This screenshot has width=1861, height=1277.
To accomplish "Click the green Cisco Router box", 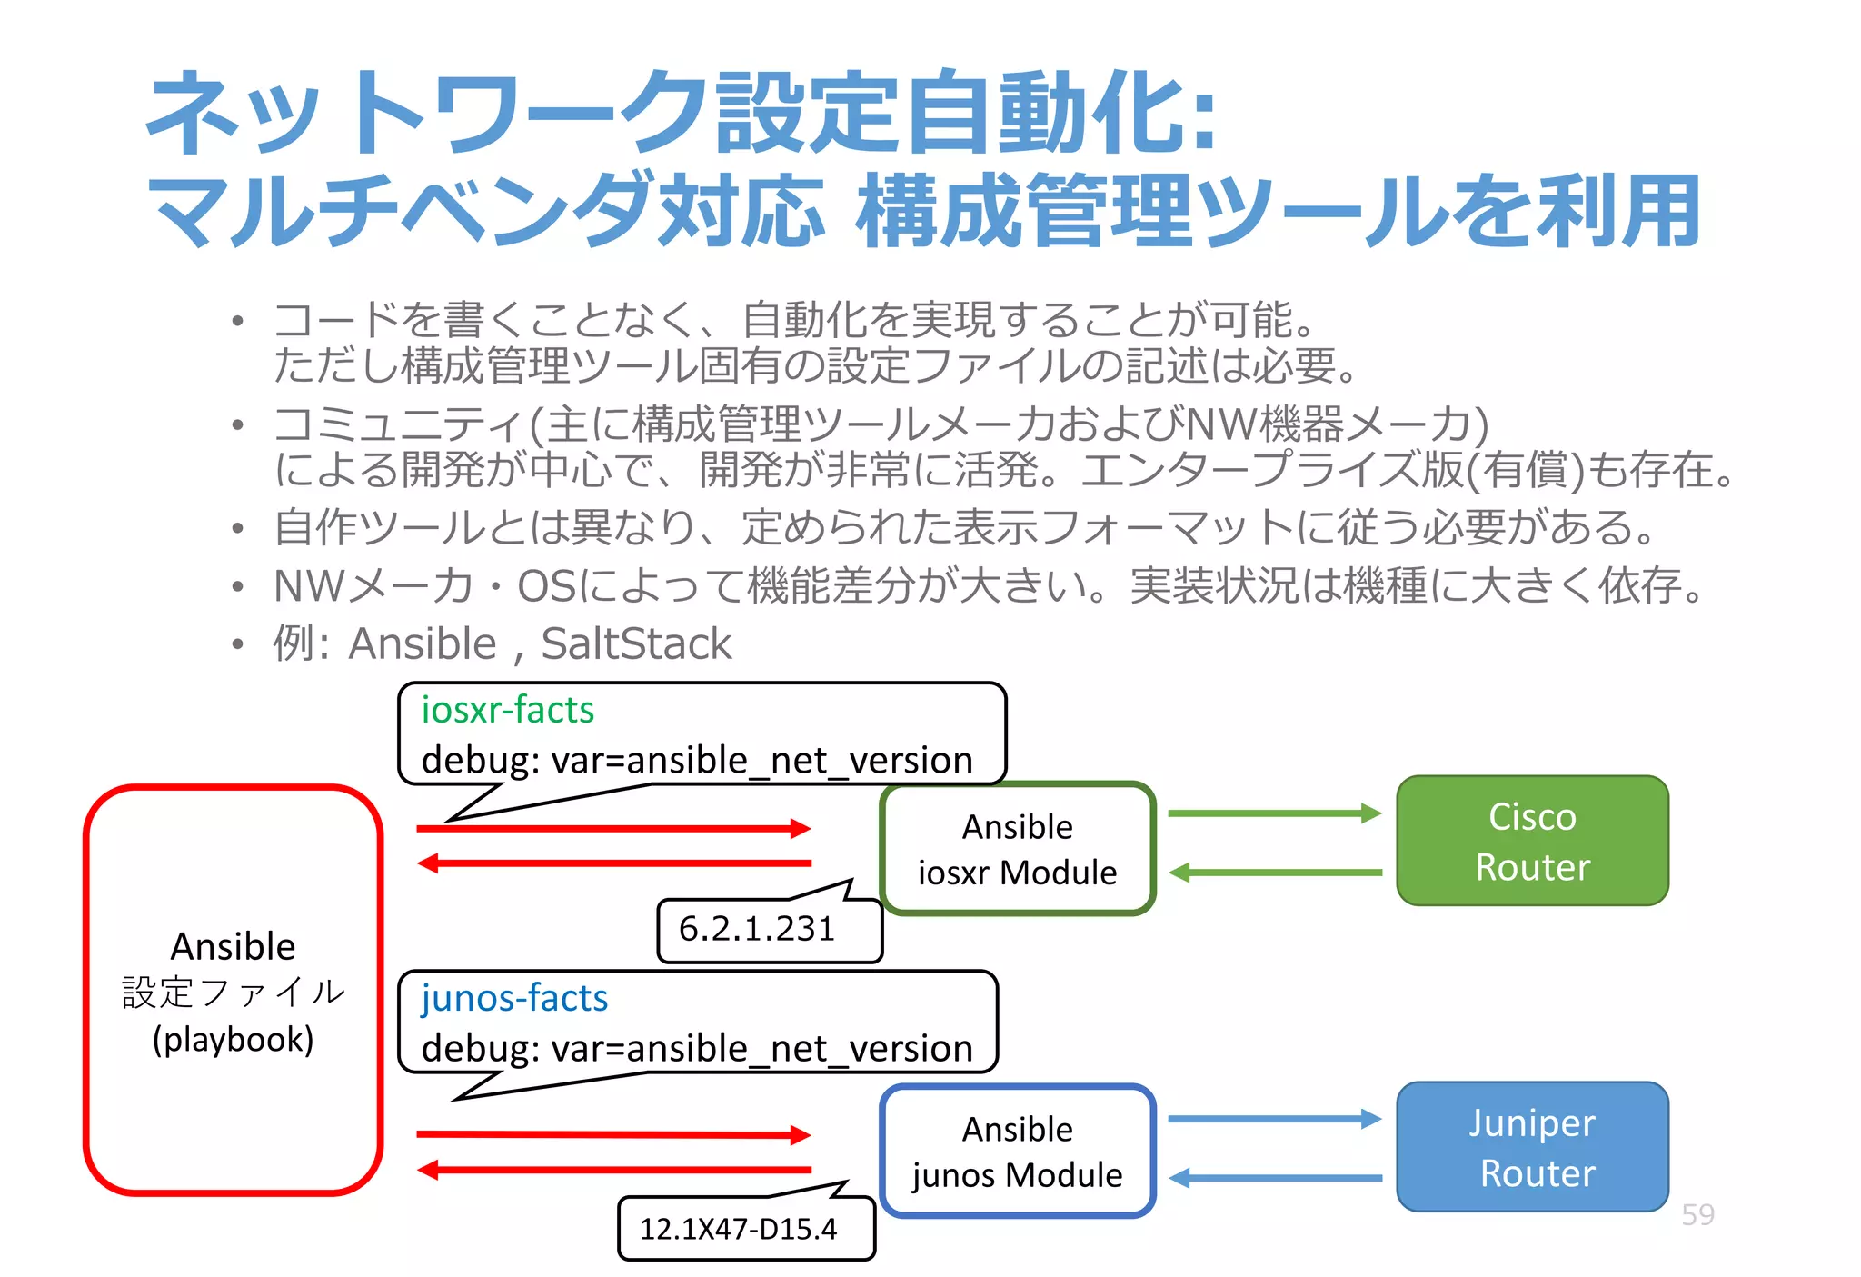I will [1532, 841].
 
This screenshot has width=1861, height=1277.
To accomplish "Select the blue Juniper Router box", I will [1532, 1147].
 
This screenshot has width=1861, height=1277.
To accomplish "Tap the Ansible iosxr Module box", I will [1017, 849].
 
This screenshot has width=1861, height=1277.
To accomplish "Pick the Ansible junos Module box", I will [1017, 1152].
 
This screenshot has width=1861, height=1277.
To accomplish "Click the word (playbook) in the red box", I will [233, 1039].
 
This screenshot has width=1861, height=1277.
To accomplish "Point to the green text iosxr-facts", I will [507, 710].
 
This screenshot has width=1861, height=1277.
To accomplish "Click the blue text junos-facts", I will [514, 998].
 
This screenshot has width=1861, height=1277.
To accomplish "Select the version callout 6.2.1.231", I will [757, 929].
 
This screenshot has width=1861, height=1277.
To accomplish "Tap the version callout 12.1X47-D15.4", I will [738, 1229].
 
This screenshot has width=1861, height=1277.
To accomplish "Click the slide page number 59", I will [1697, 1214].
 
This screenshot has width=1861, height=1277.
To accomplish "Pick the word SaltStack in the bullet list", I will [636, 643].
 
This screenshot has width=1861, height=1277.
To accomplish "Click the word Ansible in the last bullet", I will [423, 643].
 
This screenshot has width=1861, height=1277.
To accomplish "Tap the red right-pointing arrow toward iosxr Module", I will [613, 828].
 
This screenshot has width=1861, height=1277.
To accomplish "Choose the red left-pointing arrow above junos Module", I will [613, 1170].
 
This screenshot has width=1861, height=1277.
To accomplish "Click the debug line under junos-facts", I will [697, 1048].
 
